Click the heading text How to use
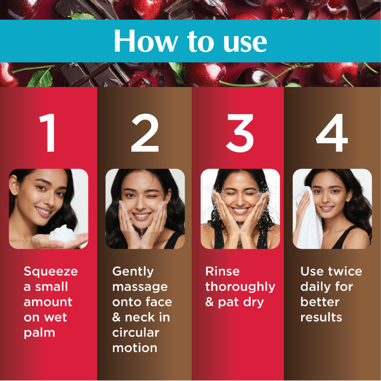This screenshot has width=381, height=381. pos(190,41)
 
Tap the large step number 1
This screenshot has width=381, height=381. pos(49,133)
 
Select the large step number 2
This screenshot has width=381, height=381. pos(145,133)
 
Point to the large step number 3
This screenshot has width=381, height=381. pos(240,133)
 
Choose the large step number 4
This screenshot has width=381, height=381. pos(332,133)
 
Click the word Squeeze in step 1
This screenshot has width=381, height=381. pos(51,272)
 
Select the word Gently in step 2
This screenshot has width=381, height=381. pos(133,272)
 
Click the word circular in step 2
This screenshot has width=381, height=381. pos(136,333)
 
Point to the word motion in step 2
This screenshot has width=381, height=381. pos(135,348)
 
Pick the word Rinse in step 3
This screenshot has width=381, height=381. pos(223,271)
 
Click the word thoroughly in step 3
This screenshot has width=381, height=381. pos(240,287)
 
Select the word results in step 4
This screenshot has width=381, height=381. pos(321,317)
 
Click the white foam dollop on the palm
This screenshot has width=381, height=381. pos(63,234)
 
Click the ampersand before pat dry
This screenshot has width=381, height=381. pos(209,302)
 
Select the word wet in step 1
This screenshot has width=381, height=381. pos(55,317)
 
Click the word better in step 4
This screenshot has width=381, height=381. pos(320,302)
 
